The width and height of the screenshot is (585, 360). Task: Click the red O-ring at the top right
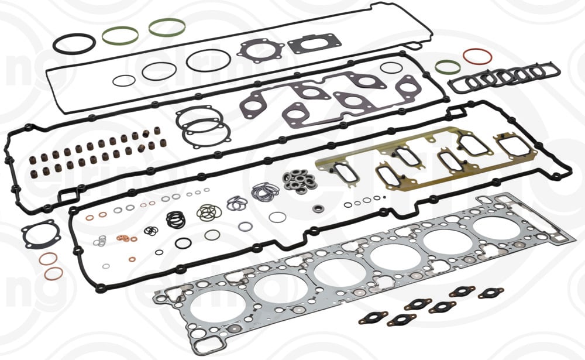[477, 56]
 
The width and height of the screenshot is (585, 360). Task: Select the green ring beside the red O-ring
[448, 67]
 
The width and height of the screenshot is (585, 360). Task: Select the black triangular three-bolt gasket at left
[40, 234]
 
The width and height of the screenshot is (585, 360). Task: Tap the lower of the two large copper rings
[54, 273]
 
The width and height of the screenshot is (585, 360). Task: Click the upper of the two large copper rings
[48, 258]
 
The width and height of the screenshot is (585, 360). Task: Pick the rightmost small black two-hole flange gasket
[491, 293]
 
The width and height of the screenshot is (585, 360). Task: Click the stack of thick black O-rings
[175, 219]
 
